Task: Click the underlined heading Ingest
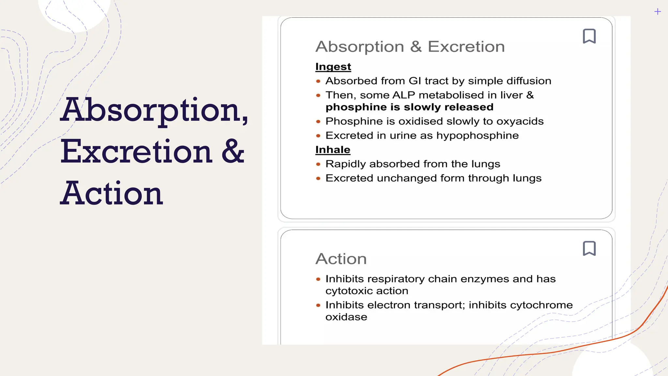333,67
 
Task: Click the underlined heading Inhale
333,149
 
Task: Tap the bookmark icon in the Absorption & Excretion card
589,36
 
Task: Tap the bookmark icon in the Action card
589,248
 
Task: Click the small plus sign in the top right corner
658,12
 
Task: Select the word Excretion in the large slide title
137,152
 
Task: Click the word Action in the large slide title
112,194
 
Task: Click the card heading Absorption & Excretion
410,47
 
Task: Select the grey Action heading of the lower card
341,259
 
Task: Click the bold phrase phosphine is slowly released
409,107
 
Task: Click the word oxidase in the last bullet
346,317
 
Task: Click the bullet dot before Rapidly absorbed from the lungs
318,164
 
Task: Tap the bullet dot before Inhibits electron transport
318,305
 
